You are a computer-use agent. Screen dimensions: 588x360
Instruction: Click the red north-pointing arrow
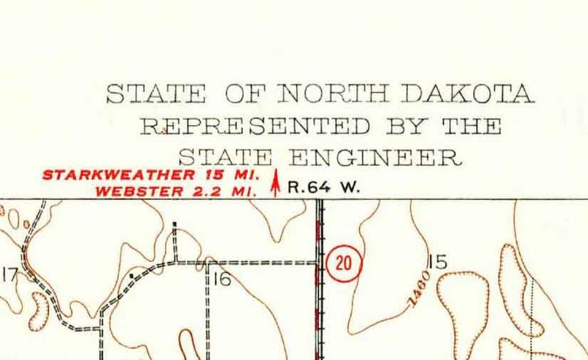coord(275,183)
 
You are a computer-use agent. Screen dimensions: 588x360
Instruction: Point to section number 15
coord(438,262)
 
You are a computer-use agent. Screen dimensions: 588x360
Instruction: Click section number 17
coord(9,276)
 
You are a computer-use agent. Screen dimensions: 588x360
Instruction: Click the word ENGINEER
coord(375,158)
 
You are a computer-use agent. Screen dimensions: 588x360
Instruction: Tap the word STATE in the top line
coord(156,95)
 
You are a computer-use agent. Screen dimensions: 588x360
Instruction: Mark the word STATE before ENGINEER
coord(225,158)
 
